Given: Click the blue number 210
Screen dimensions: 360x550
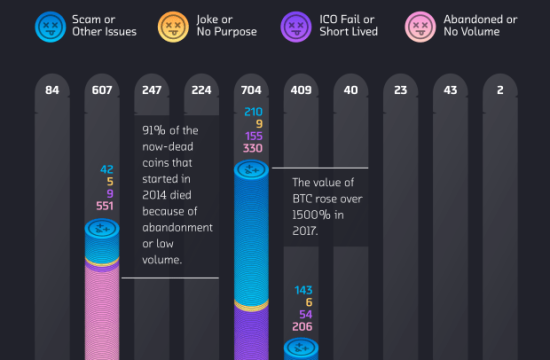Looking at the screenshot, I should [252, 111].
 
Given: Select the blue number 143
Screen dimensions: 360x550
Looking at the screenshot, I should [303, 290].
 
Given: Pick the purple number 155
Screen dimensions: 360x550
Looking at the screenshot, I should [252, 137].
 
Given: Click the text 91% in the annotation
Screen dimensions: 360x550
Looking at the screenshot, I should [155, 129].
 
